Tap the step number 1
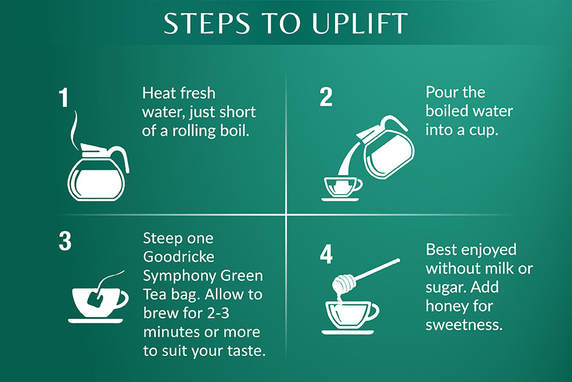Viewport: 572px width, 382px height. pyautogui.click(x=64, y=98)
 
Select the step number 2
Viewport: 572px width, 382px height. pyautogui.click(x=326, y=97)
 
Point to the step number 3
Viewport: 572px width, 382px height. pyautogui.click(x=65, y=241)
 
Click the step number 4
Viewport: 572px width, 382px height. pyautogui.click(x=326, y=254)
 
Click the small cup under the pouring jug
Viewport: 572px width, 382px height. pyautogui.click(x=342, y=187)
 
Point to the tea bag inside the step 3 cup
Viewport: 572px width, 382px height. pyautogui.click(x=95, y=299)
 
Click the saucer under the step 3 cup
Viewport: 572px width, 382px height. pyautogui.click(x=95, y=321)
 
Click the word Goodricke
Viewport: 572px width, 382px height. pyautogui.click(x=179, y=257)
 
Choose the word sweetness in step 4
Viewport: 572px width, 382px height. pyautogui.click(x=464, y=325)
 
